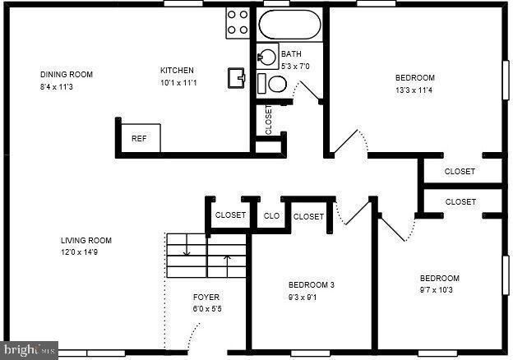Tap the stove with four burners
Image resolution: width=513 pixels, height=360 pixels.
point(238,22)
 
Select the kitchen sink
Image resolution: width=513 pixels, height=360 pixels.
point(238,77)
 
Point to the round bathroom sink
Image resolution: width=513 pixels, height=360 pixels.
point(268,58)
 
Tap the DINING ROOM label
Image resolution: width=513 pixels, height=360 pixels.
point(67,75)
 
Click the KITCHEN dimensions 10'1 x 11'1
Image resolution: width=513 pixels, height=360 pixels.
point(179,82)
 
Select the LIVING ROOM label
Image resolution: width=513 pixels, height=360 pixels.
point(85,241)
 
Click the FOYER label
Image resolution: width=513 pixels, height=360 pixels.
point(206,297)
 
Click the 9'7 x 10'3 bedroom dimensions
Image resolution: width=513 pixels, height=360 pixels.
point(439,290)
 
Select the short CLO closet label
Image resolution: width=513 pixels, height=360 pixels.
point(271,216)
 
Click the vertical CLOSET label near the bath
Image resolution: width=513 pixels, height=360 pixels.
point(269,120)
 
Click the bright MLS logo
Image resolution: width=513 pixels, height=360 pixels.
point(29,351)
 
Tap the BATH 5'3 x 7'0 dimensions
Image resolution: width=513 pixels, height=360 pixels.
point(295,66)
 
